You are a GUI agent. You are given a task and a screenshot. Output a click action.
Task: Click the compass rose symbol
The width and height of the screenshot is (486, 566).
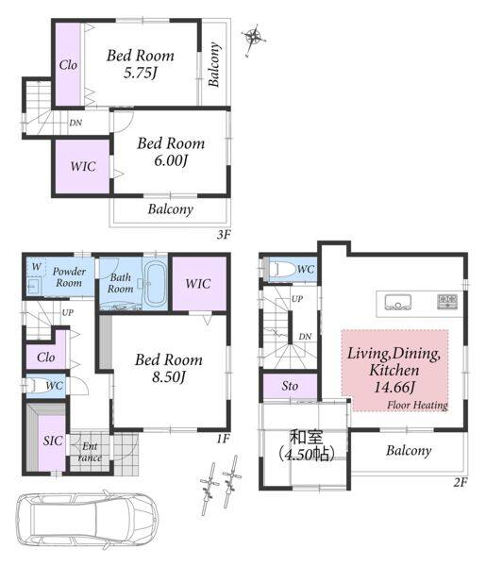(x=254, y=37)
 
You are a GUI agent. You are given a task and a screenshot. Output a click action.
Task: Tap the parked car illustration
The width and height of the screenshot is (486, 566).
(x=87, y=520)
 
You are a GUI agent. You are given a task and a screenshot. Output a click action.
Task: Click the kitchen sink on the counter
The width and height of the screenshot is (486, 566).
(x=397, y=303)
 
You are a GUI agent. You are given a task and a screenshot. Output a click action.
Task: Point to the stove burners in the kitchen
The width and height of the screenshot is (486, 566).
(x=447, y=301)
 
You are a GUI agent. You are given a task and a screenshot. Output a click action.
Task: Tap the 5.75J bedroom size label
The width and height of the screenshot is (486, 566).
(x=141, y=74)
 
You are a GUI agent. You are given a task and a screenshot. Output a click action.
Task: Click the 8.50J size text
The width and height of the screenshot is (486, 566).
(x=169, y=377)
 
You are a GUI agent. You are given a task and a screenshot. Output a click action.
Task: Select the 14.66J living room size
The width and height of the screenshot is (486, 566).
(x=394, y=388)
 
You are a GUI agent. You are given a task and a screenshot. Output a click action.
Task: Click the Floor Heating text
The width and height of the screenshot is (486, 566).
(x=417, y=406)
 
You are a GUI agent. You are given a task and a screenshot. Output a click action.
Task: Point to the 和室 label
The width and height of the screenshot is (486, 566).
(x=307, y=437)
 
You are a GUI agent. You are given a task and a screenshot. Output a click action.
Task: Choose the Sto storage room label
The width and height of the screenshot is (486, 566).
(x=290, y=386)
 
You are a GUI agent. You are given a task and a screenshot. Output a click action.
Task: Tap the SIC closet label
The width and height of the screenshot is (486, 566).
(x=53, y=441)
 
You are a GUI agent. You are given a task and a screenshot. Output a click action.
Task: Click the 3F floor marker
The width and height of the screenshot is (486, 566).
(x=224, y=235)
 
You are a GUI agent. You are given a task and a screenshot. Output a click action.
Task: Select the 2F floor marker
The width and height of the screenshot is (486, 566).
(x=461, y=482)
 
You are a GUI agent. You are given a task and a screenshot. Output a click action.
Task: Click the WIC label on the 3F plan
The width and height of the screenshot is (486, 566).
(x=83, y=166)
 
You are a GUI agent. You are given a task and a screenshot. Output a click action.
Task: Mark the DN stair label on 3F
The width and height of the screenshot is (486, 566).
(x=75, y=123)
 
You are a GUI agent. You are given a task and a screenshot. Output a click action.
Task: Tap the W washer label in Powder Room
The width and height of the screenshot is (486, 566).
(x=36, y=267)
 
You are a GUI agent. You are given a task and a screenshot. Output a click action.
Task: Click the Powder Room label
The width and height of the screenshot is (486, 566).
(x=69, y=276)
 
